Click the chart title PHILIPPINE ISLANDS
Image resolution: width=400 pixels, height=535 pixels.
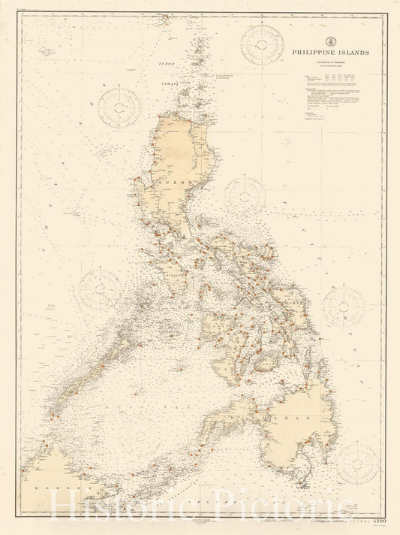326,54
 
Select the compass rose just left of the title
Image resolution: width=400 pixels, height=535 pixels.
262,45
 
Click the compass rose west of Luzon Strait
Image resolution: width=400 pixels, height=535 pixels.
120,108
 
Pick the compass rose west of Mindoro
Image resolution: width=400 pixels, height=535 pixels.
100,291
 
